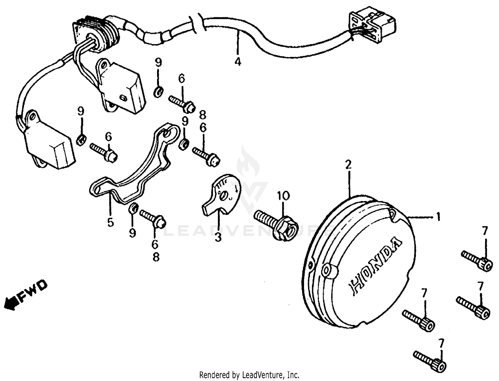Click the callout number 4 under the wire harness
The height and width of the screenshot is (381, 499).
click(x=237, y=62)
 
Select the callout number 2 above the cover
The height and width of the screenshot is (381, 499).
click(x=348, y=164)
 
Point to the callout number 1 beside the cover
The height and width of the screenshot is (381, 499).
click(x=438, y=217)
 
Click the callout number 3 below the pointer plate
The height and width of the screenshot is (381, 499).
click(x=218, y=237)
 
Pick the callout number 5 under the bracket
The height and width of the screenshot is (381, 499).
click(x=110, y=222)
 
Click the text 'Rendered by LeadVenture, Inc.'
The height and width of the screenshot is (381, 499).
click(x=249, y=375)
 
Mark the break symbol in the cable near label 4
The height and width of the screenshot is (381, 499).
click(x=199, y=23)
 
